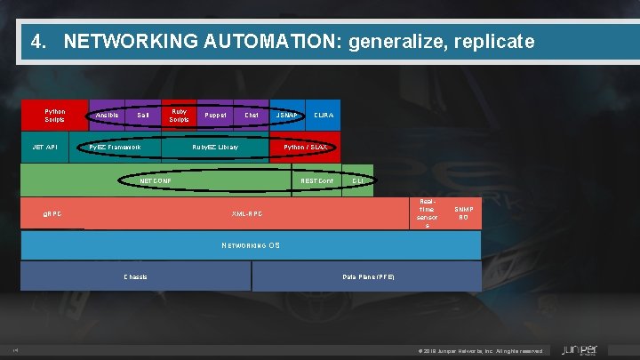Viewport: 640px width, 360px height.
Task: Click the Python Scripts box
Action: (x=54, y=116)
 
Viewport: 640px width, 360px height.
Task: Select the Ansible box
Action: (x=107, y=116)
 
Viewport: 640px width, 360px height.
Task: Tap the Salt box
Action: (x=143, y=116)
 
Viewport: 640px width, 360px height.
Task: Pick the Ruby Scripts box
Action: (x=179, y=116)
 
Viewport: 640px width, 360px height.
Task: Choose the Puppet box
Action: (x=215, y=116)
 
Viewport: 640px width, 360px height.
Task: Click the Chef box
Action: (x=252, y=116)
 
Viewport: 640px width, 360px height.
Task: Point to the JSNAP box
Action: (x=287, y=116)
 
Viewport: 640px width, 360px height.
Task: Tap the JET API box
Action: (x=45, y=147)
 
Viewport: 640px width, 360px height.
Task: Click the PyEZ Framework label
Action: (x=116, y=147)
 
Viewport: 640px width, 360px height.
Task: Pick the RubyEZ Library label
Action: (x=215, y=147)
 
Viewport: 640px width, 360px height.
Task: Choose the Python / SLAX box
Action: (x=305, y=147)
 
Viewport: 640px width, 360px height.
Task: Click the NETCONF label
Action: (x=156, y=180)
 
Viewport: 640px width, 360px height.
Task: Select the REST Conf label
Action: (x=316, y=180)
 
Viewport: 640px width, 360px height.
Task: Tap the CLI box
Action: (x=357, y=180)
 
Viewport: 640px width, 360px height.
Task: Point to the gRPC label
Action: (x=52, y=214)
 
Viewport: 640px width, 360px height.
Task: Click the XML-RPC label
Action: (x=246, y=214)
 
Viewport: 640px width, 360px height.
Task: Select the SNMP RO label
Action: (x=463, y=213)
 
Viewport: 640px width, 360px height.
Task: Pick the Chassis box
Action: (x=136, y=276)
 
